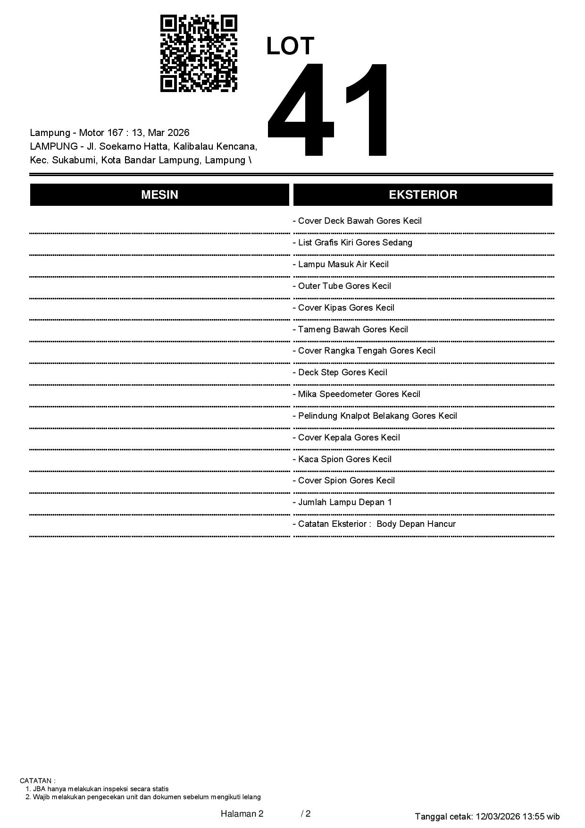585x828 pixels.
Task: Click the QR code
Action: tap(199, 53)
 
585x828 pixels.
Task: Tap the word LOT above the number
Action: tap(290, 46)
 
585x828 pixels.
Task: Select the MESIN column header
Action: tap(159, 195)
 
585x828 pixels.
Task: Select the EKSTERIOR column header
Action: tap(423, 195)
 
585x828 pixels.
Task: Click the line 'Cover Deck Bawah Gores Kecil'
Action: tap(358, 221)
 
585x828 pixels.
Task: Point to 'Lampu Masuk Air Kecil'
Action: tap(341, 264)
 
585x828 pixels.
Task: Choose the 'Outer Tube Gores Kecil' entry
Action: tap(343, 286)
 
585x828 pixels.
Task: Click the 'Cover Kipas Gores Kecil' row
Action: tap(344, 308)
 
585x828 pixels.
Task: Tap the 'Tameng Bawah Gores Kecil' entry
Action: tap(351, 330)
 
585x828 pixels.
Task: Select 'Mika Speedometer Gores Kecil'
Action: tap(357, 394)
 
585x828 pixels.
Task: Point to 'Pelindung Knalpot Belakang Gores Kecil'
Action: tap(376, 416)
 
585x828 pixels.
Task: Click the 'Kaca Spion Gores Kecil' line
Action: tap(343, 459)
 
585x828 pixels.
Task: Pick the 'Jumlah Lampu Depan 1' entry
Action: tap(343, 502)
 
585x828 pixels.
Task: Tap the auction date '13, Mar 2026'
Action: tap(160, 133)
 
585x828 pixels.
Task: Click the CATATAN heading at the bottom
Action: tap(37, 781)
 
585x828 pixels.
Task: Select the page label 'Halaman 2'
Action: tap(242, 814)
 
